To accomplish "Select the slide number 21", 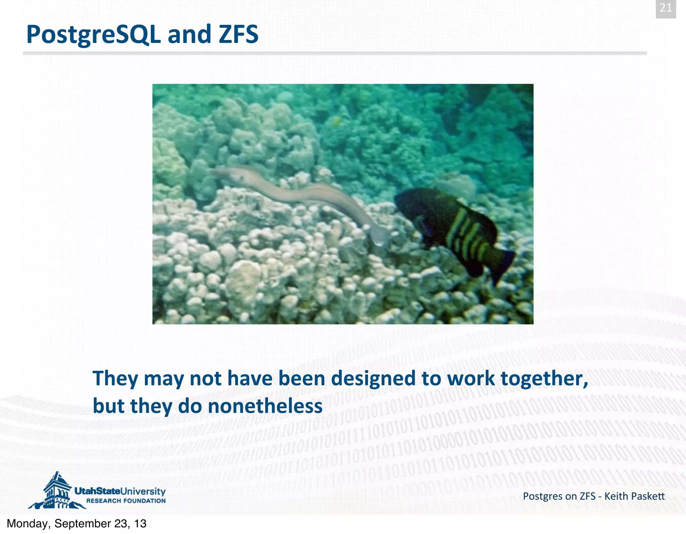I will [x=666, y=8].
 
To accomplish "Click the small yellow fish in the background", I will [x=337, y=121].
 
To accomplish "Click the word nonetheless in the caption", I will [x=265, y=406].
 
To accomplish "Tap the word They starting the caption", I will [x=115, y=379].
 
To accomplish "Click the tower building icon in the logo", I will [x=57, y=491].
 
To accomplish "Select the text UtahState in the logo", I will [x=97, y=491].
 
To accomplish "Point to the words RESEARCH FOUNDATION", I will [x=126, y=501].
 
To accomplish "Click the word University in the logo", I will [x=143, y=491].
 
